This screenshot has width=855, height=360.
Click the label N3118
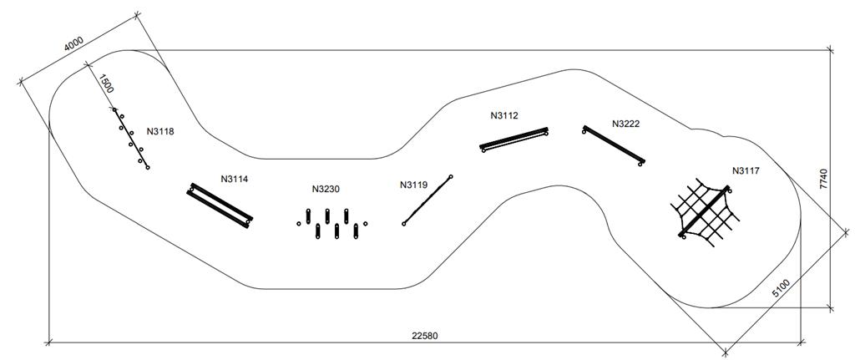pyautogui.click(x=160, y=131)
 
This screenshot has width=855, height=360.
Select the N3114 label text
pyautogui.click(x=235, y=179)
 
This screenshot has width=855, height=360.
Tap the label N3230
pyautogui.click(x=326, y=190)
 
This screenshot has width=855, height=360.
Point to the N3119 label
pyautogui.click(x=413, y=185)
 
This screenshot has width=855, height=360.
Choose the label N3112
pyautogui.click(x=504, y=116)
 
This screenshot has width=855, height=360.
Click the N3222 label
pyautogui.click(x=625, y=124)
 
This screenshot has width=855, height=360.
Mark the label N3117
pyautogui.click(x=746, y=171)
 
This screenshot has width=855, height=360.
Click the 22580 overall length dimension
pyautogui.click(x=424, y=337)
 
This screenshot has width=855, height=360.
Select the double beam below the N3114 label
pyautogui.click(x=220, y=204)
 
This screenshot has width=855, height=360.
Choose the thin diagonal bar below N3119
pyautogui.click(x=427, y=200)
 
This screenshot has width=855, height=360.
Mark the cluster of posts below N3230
pyautogui.click(x=331, y=223)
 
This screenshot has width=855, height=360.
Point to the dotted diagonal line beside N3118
pyautogui.click(x=131, y=139)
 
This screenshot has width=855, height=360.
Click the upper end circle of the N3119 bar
pyautogui.click(x=451, y=176)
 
